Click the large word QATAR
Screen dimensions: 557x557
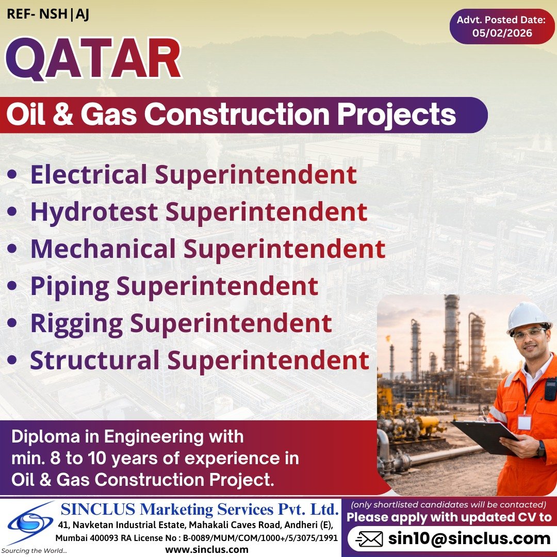[x=93, y=60]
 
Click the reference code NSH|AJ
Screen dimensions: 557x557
[x=64, y=14]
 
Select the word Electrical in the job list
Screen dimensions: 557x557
[x=89, y=175]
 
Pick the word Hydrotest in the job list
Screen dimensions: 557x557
[x=94, y=212]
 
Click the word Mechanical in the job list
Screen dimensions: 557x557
[x=103, y=249]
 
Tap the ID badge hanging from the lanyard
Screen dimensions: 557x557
[x=525, y=422]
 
